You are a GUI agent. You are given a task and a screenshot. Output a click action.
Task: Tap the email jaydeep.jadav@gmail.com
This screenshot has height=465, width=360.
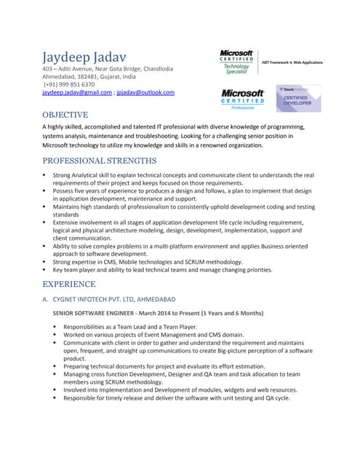[x=77, y=93]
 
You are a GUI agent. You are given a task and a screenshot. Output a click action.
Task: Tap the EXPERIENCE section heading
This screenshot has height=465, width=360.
[x=74, y=284]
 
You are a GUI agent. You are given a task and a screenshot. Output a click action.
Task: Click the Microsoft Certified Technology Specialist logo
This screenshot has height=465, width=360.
[x=236, y=62]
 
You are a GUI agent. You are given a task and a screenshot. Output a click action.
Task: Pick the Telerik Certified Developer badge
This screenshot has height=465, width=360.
[x=297, y=99]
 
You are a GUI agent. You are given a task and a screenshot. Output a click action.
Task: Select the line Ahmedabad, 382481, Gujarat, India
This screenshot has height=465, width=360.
[x=99, y=76]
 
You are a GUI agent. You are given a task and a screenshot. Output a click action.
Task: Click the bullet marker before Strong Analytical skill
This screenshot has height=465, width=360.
[x=45, y=175]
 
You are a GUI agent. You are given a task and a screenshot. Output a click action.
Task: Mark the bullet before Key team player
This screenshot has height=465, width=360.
[x=45, y=270]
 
